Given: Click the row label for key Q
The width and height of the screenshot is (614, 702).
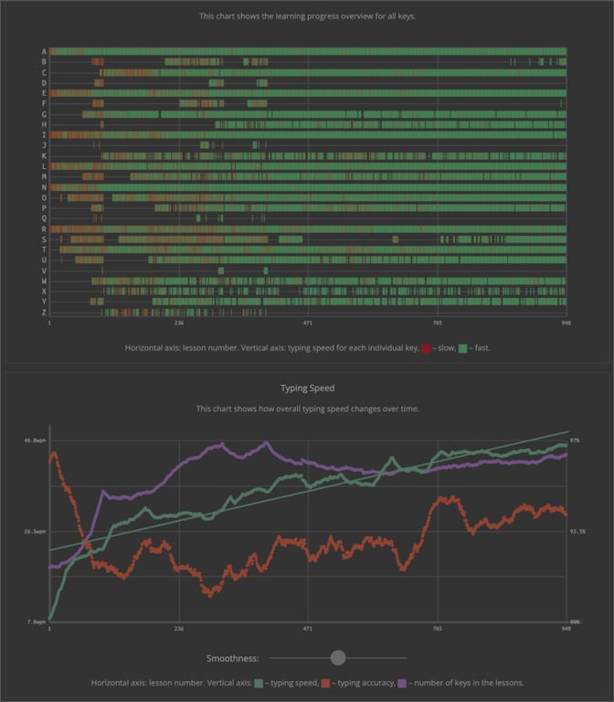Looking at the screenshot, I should click(44, 218).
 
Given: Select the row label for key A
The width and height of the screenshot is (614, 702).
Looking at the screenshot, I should click(44, 51).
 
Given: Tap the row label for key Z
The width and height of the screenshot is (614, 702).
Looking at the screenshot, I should click(44, 312).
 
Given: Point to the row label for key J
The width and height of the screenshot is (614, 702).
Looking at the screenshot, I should click(44, 145).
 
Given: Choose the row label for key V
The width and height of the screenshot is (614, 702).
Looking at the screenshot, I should click(44, 271).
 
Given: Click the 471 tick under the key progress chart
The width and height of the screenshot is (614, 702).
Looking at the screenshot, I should click(308, 323).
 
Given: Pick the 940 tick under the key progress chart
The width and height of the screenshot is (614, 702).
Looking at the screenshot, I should click(566, 323).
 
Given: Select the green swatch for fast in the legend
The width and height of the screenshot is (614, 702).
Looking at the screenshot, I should click(463, 348).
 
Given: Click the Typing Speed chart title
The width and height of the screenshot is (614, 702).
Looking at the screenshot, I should click(307, 388).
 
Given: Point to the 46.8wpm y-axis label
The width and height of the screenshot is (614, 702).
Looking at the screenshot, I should click(34, 441).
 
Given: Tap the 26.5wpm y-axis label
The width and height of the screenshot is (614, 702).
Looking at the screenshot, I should click(34, 531).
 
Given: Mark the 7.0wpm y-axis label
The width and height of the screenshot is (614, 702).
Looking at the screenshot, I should click(36, 622).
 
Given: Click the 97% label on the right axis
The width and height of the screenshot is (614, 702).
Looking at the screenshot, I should click(575, 441).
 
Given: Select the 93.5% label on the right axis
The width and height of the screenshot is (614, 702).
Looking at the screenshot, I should click(577, 531).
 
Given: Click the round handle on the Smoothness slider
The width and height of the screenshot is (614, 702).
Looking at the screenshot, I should click(338, 657).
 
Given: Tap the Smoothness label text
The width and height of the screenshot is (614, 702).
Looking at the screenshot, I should click(233, 658).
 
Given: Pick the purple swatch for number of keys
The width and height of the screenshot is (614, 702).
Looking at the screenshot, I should click(403, 683).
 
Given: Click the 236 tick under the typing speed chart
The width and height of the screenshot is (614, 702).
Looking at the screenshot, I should click(178, 629).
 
